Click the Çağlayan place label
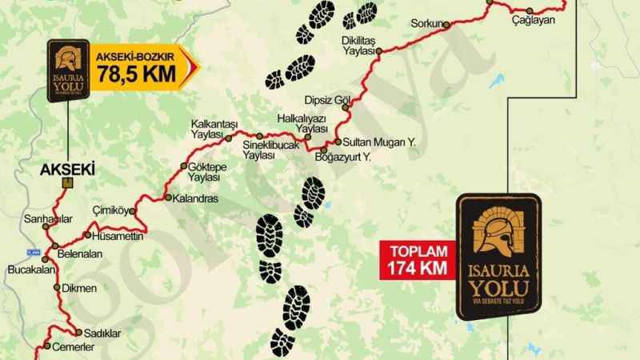534,21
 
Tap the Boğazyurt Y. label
355,158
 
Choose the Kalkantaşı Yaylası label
215,130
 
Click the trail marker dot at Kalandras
167,197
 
